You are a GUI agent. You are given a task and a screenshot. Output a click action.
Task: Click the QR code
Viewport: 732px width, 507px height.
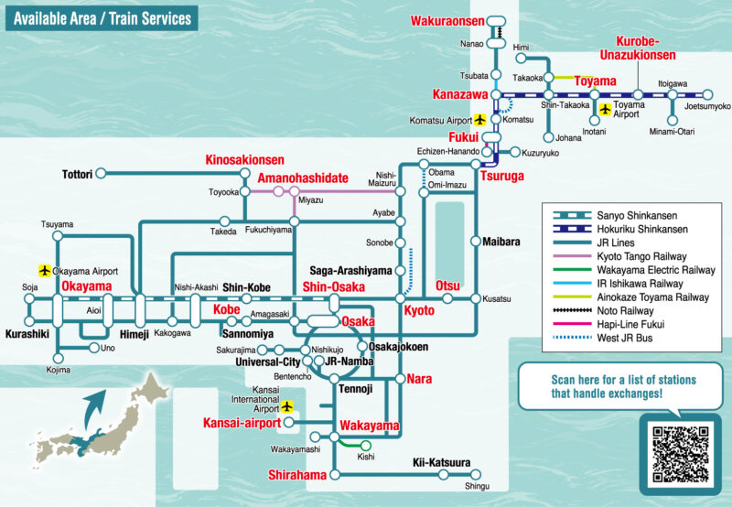(680, 454)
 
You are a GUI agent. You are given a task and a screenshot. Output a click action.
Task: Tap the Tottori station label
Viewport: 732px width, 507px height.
(78, 173)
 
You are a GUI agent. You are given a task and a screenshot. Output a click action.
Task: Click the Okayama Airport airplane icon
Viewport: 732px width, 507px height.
(44, 271)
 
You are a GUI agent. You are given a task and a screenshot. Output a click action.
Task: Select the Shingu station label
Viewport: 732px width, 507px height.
(477, 486)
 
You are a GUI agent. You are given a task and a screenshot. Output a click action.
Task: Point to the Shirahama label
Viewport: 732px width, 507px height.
(297, 475)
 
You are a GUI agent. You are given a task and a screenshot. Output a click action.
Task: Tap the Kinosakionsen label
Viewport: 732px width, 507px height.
(244, 159)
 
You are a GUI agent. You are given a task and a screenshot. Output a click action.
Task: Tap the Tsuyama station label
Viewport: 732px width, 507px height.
(57, 224)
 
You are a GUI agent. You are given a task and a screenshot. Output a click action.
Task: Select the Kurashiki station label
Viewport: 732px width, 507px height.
(26, 334)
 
